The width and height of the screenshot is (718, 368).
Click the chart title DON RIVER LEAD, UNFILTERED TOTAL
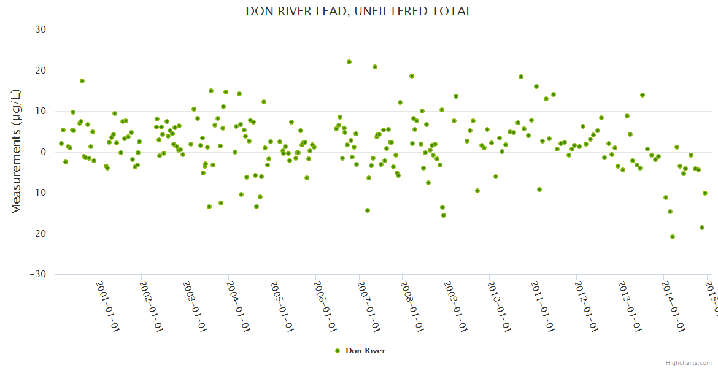[x=359, y=11]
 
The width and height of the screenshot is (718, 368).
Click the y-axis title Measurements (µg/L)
[x=17, y=151]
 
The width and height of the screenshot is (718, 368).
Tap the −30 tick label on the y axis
[x=39, y=274]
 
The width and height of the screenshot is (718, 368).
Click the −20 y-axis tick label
[x=39, y=234]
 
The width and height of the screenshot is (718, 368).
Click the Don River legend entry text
[x=365, y=351]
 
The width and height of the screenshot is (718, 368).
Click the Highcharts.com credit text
[x=689, y=362]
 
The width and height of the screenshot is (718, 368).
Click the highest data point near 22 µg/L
[x=349, y=62]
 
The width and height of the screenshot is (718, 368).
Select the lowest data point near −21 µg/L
[x=673, y=237]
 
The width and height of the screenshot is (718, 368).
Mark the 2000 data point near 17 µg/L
[x=82, y=81]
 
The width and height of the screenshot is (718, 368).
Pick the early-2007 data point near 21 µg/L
[x=375, y=67]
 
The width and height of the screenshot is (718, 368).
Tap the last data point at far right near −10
[x=705, y=193]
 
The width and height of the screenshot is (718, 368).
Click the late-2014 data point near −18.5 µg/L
[x=702, y=228]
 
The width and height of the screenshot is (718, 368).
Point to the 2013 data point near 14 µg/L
[x=643, y=95]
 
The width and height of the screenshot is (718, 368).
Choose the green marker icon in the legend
[x=337, y=351]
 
